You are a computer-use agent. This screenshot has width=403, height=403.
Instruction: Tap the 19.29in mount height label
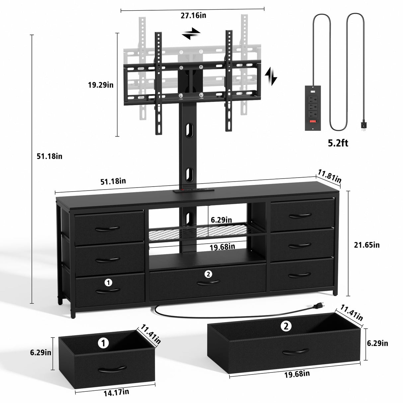101,85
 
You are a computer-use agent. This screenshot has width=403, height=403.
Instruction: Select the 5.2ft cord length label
338,143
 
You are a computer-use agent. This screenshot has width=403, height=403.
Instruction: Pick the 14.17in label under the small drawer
116,392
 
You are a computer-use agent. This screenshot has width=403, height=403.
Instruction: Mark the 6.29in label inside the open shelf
221,219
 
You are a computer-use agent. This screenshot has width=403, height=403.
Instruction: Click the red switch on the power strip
313,121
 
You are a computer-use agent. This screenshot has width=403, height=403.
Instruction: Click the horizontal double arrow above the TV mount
191,34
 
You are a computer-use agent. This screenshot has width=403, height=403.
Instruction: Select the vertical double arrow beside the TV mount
271,76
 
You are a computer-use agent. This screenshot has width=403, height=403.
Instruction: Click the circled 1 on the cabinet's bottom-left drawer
108,282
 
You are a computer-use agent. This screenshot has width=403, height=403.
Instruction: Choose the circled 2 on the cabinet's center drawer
208,274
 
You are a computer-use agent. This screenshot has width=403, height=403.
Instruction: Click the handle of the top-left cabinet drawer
107,228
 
